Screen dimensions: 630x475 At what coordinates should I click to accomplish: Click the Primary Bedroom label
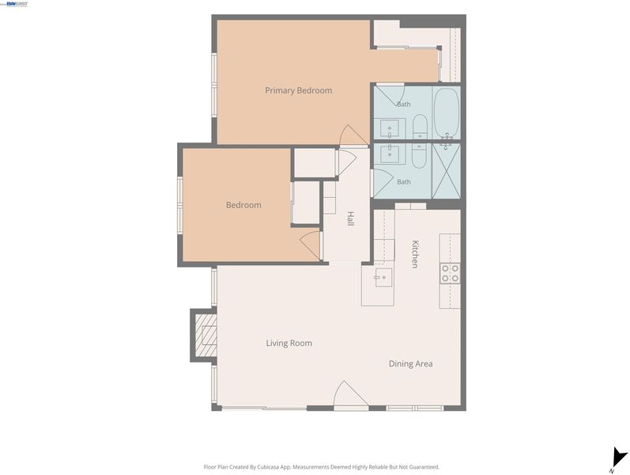[298, 90]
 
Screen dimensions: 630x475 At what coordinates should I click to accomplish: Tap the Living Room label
[289, 343]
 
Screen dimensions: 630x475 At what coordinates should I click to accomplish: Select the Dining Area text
[410, 364]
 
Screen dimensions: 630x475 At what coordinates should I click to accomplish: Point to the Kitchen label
[415, 254]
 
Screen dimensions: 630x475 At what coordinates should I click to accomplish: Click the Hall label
[350, 218]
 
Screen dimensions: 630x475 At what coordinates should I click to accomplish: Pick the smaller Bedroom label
[243, 205]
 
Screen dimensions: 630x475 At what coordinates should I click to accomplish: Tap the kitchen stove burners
[450, 273]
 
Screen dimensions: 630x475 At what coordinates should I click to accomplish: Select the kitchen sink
[383, 277]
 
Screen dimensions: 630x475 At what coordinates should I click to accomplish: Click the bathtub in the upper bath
[447, 113]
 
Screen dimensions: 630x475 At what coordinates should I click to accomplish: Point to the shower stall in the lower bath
[447, 171]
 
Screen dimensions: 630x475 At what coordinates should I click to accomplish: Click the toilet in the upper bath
[420, 127]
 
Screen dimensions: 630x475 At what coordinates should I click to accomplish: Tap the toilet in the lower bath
[420, 156]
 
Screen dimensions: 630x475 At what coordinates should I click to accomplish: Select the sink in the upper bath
[390, 128]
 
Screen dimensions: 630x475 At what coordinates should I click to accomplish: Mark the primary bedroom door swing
[353, 135]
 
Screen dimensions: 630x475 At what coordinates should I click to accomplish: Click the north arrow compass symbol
[619, 459]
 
